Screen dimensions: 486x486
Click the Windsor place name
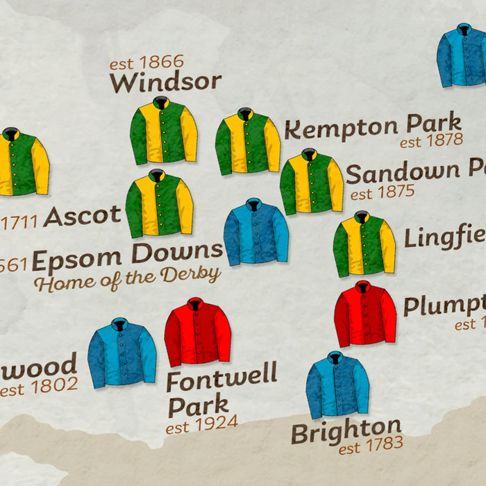coord(165,82)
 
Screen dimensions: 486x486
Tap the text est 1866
coord(146,63)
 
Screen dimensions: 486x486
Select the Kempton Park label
coord(373,127)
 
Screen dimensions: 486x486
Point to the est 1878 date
coord(431,141)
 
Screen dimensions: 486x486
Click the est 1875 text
coord(382,192)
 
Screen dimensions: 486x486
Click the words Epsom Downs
coord(128,257)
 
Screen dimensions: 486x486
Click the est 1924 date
coord(201,423)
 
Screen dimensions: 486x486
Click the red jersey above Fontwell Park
coord(197,332)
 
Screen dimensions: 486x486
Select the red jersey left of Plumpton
coord(365,314)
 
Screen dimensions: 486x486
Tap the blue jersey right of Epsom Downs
coord(255,232)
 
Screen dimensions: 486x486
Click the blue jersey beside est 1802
coord(121,353)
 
